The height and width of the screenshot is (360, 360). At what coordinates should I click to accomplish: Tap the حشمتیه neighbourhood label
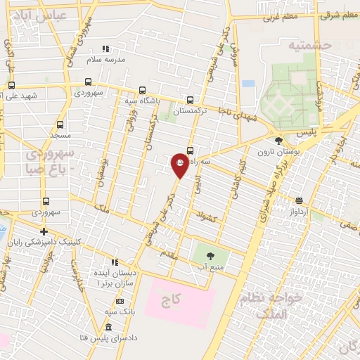tap(307, 44)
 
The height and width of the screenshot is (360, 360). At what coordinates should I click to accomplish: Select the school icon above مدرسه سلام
tap(105, 49)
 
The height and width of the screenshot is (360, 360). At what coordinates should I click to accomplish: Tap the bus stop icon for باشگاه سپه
tap(143, 90)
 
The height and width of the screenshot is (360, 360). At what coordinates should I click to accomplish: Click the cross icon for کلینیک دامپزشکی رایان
tap(44, 231)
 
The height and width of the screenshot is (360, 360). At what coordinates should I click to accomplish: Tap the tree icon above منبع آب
tap(214, 255)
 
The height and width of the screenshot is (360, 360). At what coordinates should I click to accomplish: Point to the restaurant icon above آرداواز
tap(299, 200)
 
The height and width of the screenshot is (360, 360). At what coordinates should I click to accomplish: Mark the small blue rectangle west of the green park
tap(248, 84)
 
